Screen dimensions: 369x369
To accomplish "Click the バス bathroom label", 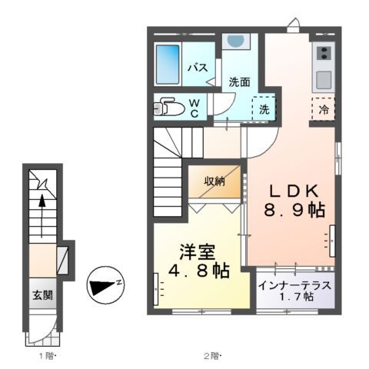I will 198,68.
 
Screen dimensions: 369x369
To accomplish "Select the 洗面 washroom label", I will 238,82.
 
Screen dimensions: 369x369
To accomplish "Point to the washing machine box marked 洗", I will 264,110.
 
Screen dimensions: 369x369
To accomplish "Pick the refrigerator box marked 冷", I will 323,109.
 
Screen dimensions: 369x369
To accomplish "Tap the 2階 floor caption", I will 212,355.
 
